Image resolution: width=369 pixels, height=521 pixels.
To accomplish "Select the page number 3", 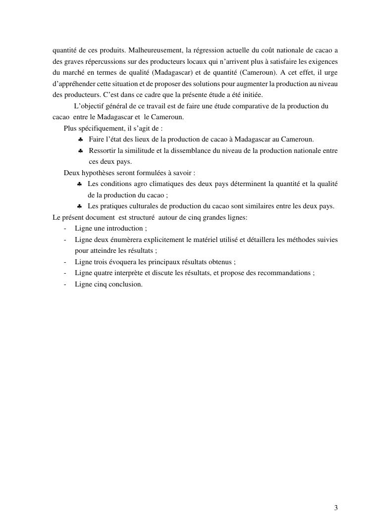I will click(336, 508).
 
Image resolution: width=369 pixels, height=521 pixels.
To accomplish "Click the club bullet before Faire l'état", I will click(80, 140).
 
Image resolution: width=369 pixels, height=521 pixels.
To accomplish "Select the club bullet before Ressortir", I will click(80, 151).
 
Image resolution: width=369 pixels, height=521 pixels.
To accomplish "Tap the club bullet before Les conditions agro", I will click(79, 185).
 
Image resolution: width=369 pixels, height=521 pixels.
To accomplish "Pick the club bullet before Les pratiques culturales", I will click(79, 206).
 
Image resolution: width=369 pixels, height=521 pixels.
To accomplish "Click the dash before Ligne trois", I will click(66, 262).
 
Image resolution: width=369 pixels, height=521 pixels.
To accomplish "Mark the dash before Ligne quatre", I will click(66, 273).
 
